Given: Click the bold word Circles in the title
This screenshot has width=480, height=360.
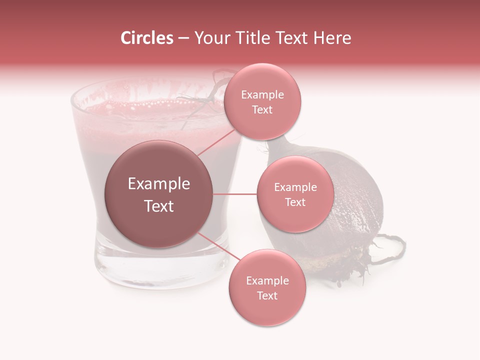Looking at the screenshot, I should click(146, 38).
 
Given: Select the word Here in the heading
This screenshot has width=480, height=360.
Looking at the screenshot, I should click(332, 38).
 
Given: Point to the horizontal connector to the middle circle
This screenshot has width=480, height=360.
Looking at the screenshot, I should click(235, 194).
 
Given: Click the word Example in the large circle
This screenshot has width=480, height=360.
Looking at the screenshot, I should click(159, 184).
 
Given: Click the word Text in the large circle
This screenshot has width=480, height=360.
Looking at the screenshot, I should click(159, 206).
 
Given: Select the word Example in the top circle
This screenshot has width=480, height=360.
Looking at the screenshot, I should click(262, 95).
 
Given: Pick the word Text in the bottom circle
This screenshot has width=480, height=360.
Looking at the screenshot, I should click(267, 295).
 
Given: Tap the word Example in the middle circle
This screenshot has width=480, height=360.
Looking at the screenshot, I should click(295, 187).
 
